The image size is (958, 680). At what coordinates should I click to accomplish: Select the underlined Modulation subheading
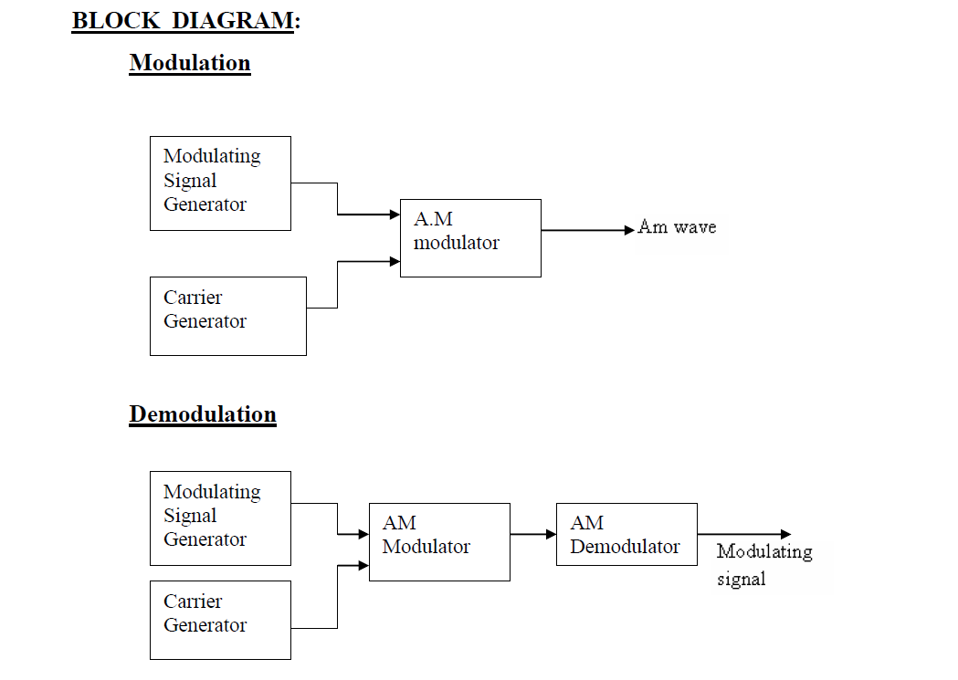click(x=190, y=63)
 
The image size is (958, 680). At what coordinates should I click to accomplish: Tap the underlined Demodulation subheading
click(x=203, y=414)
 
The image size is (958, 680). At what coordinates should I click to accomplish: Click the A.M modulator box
click(x=470, y=238)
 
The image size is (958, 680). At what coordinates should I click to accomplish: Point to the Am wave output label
click(x=677, y=227)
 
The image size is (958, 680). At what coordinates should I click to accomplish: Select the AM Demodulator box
click(x=626, y=534)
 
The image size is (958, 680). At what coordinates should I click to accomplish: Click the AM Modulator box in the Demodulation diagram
click(x=439, y=542)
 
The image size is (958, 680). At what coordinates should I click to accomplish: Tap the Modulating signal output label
click(x=763, y=564)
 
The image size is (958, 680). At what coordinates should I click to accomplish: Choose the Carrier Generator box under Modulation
click(x=228, y=316)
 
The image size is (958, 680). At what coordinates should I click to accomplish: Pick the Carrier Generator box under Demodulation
click(x=220, y=620)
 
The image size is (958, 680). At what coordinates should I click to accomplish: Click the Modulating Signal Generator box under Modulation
click(x=220, y=183)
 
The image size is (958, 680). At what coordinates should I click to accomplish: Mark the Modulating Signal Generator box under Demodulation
click(x=220, y=518)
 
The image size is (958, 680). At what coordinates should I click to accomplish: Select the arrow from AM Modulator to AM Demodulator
click(x=532, y=534)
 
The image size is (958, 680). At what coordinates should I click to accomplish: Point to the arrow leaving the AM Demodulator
click(x=743, y=534)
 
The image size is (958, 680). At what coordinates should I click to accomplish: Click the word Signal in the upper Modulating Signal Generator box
click(x=190, y=181)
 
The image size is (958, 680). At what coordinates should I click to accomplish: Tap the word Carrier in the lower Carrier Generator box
click(x=193, y=602)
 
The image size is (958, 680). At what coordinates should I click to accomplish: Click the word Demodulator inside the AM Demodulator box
click(x=625, y=547)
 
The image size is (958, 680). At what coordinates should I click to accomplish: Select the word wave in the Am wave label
click(x=695, y=227)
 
